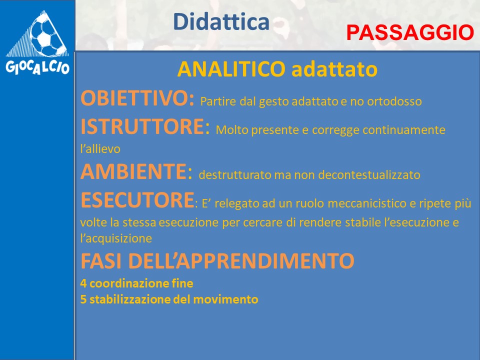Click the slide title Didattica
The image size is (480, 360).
tap(221, 21)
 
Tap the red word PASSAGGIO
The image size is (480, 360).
tap(410, 32)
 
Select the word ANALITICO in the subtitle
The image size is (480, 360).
tap(231, 69)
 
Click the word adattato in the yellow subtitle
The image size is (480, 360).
tap(334, 69)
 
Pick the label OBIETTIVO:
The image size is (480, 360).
tap(137, 98)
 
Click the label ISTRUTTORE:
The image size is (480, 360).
tap(145, 126)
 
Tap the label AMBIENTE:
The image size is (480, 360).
tap(136, 171)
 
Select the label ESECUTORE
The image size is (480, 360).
tap(137, 200)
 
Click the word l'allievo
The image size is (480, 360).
tap(100, 149)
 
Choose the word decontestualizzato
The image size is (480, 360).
tap(369, 175)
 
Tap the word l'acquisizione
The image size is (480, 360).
tap(116, 238)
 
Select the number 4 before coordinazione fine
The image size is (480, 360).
tap(83, 283)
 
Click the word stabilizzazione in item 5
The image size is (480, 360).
tap(130, 299)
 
